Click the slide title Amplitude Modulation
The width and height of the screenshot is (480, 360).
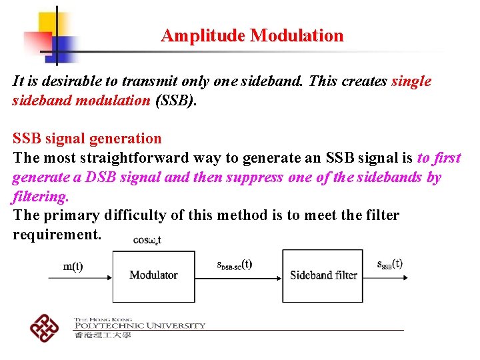point(252,35)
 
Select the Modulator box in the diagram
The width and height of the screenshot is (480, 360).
point(153,275)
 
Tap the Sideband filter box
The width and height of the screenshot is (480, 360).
point(323,275)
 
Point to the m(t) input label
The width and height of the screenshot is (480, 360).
point(73,267)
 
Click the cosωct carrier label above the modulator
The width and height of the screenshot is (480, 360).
point(147,240)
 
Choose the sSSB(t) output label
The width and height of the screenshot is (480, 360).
point(389,263)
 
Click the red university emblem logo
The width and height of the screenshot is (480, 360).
point(44,327)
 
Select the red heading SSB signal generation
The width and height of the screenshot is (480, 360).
point(87,139)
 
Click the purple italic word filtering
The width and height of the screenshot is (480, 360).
point(40,197)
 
